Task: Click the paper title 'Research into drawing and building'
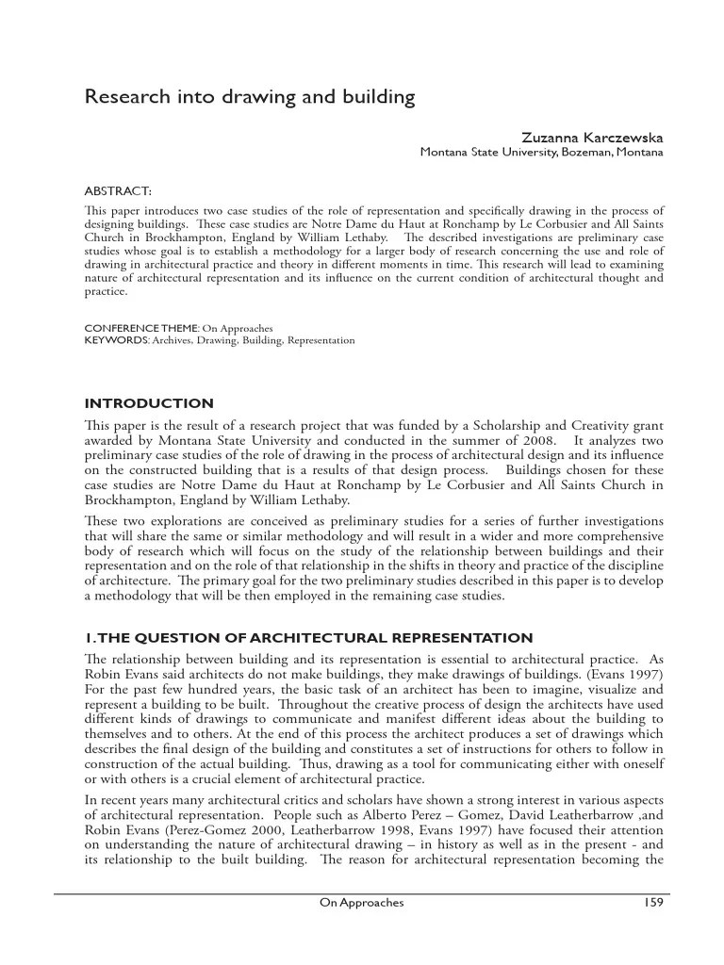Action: coord(250,96)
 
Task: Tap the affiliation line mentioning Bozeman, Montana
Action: coord(540,153)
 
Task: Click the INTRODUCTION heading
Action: coord(149,404)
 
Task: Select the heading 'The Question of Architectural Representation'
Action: coord(308,638)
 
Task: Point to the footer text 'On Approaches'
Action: coord(362,903)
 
